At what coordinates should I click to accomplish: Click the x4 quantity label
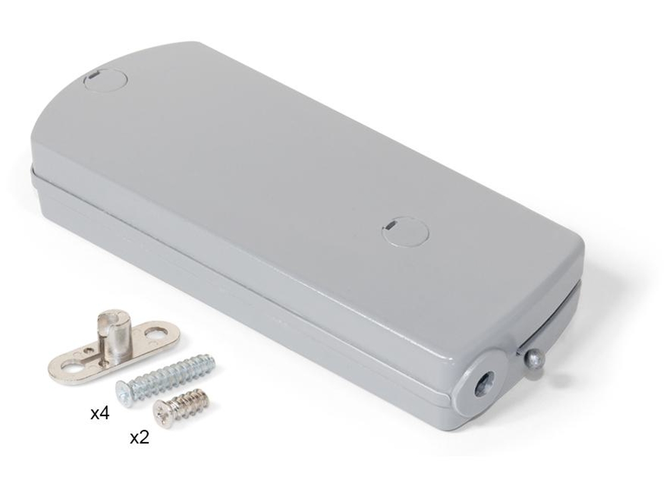tap(100, 414)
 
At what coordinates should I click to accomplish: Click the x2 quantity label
tap(139, 437)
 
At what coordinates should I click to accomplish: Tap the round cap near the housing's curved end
tap(106, 81)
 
